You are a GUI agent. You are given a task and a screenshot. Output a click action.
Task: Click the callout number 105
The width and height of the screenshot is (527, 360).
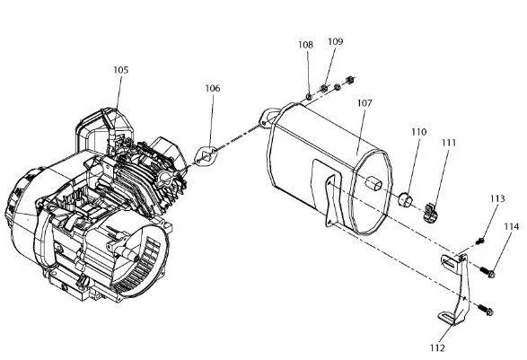click(x=120, y=70)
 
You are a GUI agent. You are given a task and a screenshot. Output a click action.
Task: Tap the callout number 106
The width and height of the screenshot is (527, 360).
click(x=213, y=88)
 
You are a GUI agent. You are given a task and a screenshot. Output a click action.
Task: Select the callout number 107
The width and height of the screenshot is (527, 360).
click(x=365, y=103)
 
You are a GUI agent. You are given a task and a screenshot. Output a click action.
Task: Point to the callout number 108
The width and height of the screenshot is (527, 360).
click(x=305, y=45)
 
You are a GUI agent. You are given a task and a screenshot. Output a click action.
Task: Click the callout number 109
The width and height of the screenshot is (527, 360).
click(x=336, y=41)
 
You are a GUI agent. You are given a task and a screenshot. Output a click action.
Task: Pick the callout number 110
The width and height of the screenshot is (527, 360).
click(x=418, y=132)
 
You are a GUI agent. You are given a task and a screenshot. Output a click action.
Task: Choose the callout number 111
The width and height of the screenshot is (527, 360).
click(x=449, y=143)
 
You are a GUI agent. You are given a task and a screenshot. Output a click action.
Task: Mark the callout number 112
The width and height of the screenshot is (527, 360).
click(x=437, y=348)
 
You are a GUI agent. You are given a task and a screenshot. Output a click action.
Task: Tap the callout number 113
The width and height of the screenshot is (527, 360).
click(x=497, y=198)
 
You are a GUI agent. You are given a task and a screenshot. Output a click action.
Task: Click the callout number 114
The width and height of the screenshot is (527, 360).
click(x=511, y=227)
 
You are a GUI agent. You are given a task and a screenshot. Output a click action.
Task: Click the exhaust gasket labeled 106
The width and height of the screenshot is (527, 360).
click(x=206, y=156)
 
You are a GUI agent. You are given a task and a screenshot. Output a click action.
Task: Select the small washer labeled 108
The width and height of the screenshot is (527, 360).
click(x=309, y=97)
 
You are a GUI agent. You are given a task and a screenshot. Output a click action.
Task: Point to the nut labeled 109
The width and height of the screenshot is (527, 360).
click(x=324, y=88)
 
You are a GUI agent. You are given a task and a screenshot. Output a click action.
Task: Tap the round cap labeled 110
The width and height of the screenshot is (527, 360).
click(x=406, y=199)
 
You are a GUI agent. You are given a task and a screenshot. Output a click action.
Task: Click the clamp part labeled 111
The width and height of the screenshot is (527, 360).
click(x=431, y=213)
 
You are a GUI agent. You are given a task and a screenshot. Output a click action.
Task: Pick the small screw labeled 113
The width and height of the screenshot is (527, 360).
click(x=480, y=241)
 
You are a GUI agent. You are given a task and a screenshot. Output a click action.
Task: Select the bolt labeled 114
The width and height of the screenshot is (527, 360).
click(x=487, y=272)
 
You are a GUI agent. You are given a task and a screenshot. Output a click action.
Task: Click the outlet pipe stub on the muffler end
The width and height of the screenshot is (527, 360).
click(x=373, y=183)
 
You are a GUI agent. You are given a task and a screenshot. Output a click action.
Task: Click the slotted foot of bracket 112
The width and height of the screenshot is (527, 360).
click(x=448, y=318)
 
